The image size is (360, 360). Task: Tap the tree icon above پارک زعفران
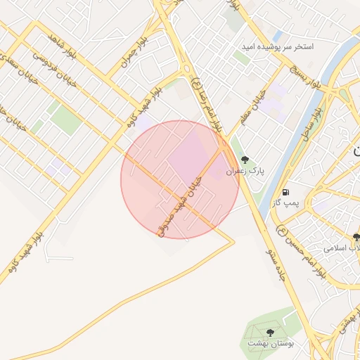pos(245,160)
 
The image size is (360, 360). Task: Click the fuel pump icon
pos(285,192)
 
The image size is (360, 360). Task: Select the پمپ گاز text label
pos(287,203)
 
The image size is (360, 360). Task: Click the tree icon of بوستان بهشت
pos(271,332)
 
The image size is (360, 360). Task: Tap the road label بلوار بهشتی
pos(345,321)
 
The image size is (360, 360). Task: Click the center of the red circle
pos(180,180)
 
